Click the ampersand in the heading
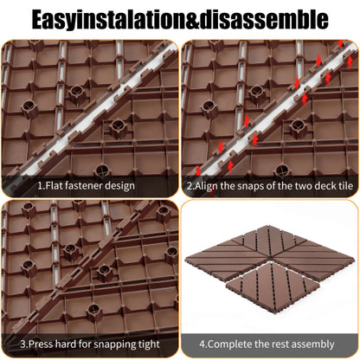(x=193, y=20)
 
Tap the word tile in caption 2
(x=344, y=185)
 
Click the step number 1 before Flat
(x=40, y=185)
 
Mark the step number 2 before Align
(x=190, y=186)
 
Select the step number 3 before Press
(x=23, y=344)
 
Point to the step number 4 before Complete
(x=202, y=344)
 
